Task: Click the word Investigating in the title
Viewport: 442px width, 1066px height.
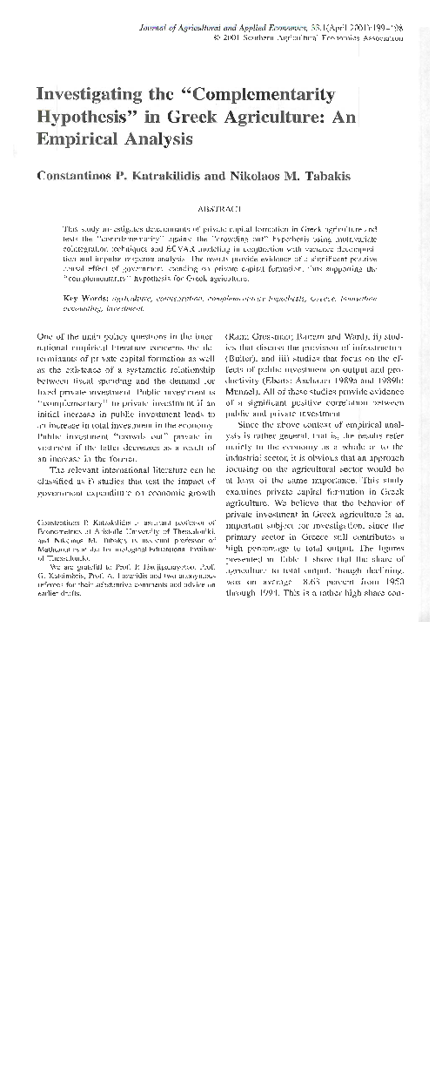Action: point(84,94)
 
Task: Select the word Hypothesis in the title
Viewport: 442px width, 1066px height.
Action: point(83,117)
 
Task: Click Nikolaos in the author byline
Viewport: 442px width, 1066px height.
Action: point(265,175)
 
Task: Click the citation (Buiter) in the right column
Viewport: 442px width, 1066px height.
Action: point(242,358)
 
